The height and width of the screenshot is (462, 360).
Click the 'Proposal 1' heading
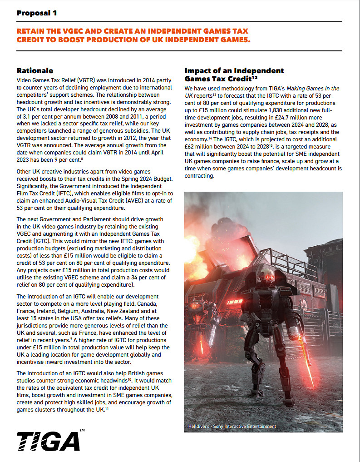click(37, 13)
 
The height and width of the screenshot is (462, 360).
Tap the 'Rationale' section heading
click(35, 70)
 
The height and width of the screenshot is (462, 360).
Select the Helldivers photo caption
click(232, 426)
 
